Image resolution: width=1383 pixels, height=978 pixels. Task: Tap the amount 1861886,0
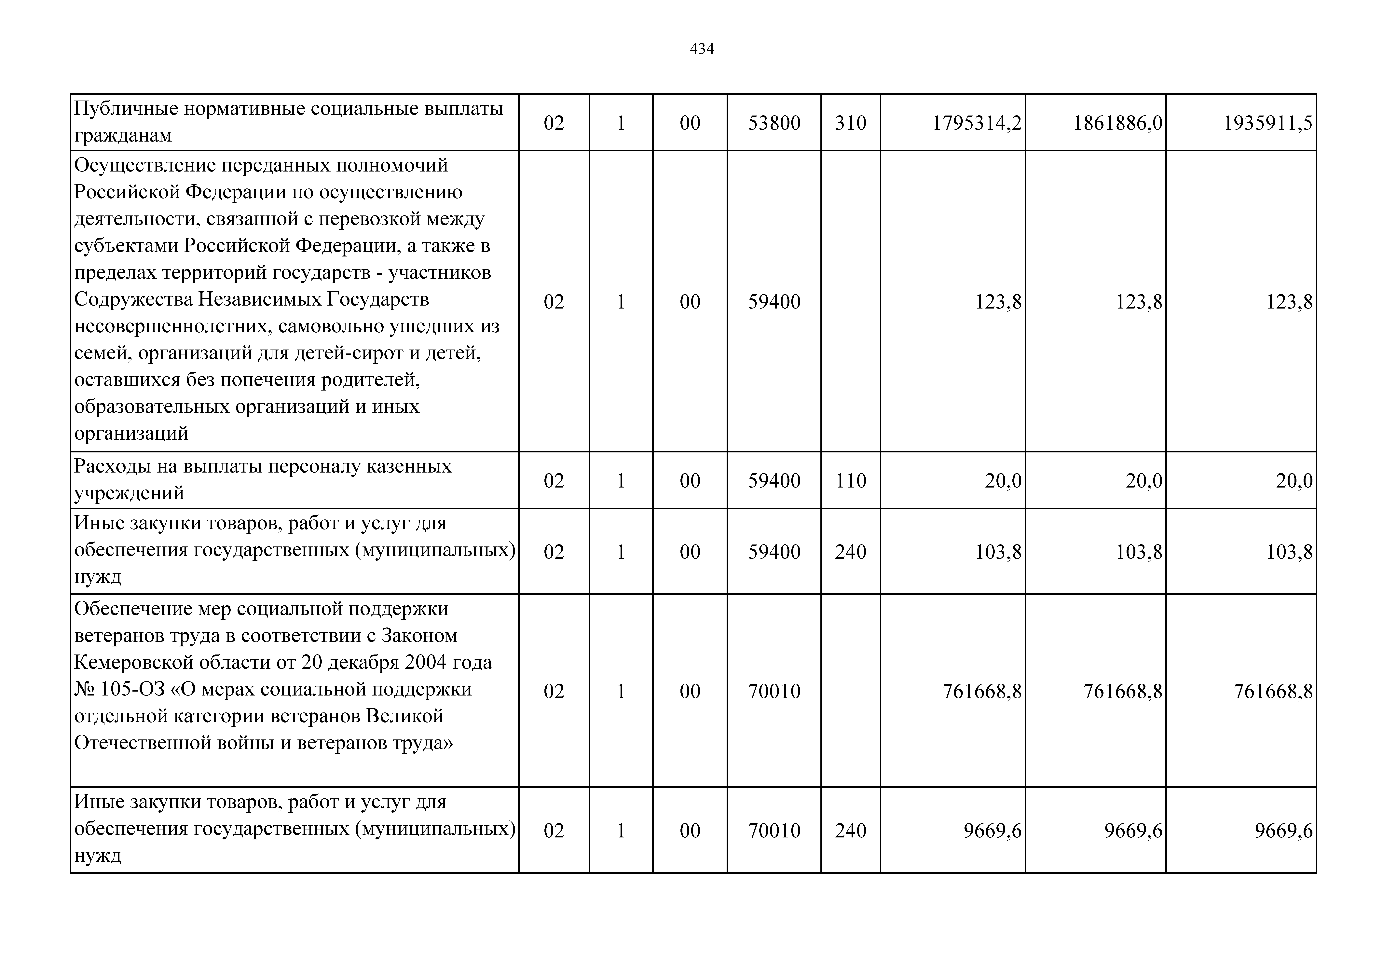pos(1117,123)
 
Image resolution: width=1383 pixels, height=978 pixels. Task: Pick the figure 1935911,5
pos(1267,123)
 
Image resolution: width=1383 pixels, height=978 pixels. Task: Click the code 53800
pos(774,123)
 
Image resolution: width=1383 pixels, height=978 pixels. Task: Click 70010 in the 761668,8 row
pos(774,691)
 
